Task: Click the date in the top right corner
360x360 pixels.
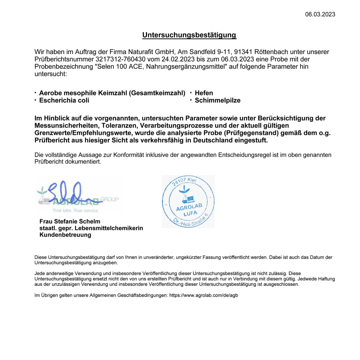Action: pyautogui.click(x=320, y=14)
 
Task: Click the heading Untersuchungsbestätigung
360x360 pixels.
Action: pyautogui.click(x=189, y=35)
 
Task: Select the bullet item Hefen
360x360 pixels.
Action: pyautogui.click(x=204, y=93)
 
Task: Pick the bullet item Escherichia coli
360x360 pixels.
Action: pyautogui.click(x=64, y=100)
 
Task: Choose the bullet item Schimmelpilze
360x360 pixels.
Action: pyautogui.click(x=217, y=100)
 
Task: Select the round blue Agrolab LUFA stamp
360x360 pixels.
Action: pyautogui.click(x=188, y=202)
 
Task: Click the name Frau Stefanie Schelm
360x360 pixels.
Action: pyautogui.click(x=70, y=221)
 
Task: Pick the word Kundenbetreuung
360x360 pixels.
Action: pyautogui.click(x=65, y=235)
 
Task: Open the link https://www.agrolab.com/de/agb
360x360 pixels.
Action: pyautogui.click(x=204, y=295)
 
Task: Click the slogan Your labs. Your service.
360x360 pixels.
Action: pyautogui.click(x=76, y=211)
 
